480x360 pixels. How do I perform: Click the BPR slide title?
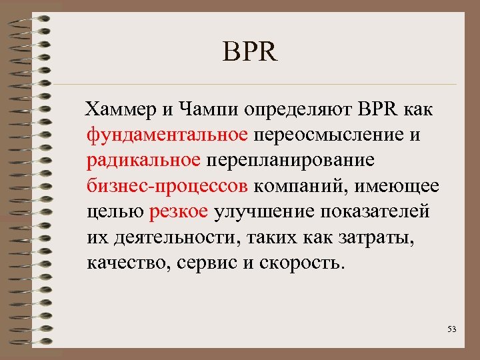[x=251, y=51]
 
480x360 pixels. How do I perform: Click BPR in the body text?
[x=378, y=109]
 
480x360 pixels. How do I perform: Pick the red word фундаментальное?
[x=167, y=135]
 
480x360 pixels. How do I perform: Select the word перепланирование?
[x=291, y=161]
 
